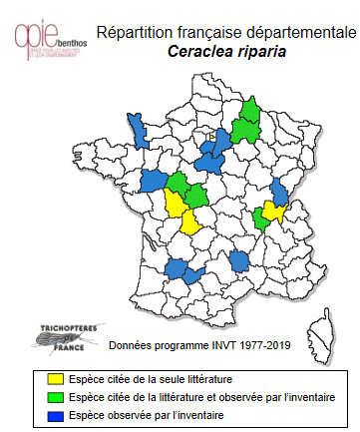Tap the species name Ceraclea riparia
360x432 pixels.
220,52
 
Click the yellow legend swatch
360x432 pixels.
57,380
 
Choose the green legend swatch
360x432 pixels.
57,397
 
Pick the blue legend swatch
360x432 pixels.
57,414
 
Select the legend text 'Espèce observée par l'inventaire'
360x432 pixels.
140,414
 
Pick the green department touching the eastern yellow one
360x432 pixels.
261,216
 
